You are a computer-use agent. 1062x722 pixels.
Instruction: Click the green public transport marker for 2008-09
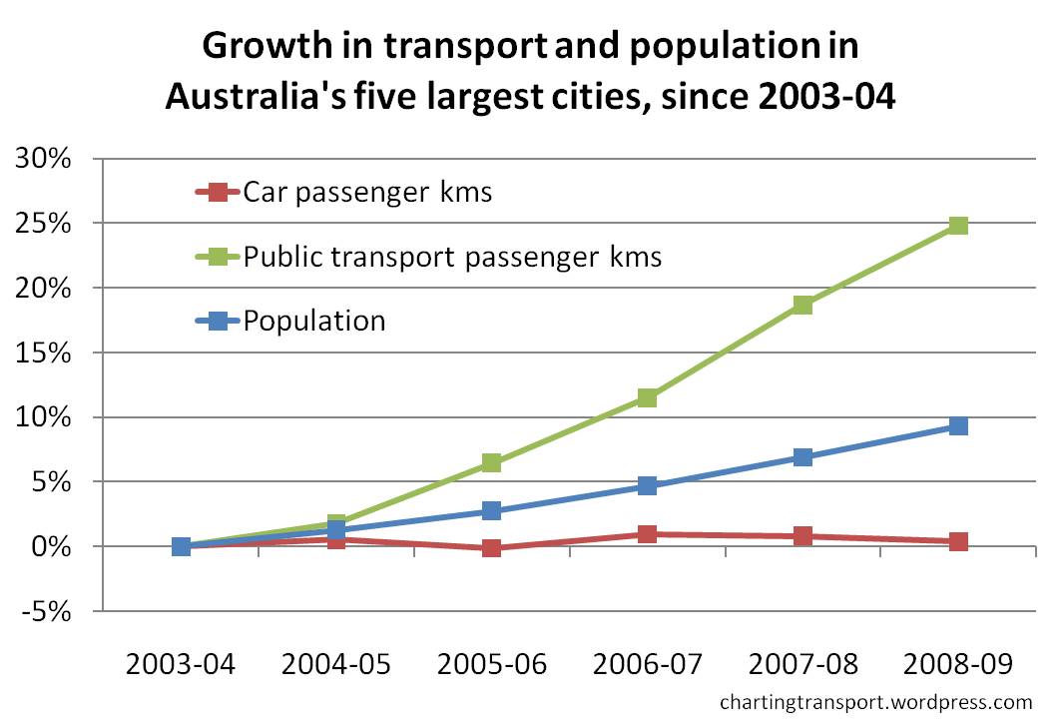click(958, 225)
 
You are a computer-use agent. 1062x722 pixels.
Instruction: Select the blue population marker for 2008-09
click(958, 426)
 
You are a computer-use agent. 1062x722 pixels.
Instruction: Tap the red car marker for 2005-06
click(491, 548)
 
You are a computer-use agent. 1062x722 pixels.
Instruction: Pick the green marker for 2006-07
click(647, 397)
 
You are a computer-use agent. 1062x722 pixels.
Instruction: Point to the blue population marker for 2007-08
click(802, 457)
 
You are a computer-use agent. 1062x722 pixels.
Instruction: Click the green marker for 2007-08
click(802, 305)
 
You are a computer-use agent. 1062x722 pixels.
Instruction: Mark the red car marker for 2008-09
click(958, 541)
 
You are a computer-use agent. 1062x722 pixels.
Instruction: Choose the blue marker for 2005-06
click(491, 510)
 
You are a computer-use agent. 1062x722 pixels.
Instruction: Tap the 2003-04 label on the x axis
click(181, 664)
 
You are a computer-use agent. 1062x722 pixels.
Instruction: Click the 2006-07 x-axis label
click(647, 664)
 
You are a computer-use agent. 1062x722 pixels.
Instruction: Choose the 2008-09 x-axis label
click(958, 664)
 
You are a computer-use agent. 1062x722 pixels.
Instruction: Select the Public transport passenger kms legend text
click(452, 256)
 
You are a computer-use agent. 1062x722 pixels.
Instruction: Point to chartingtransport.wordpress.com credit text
click(875, 703)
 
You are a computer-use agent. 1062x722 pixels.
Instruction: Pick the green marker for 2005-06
click(491, 462)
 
